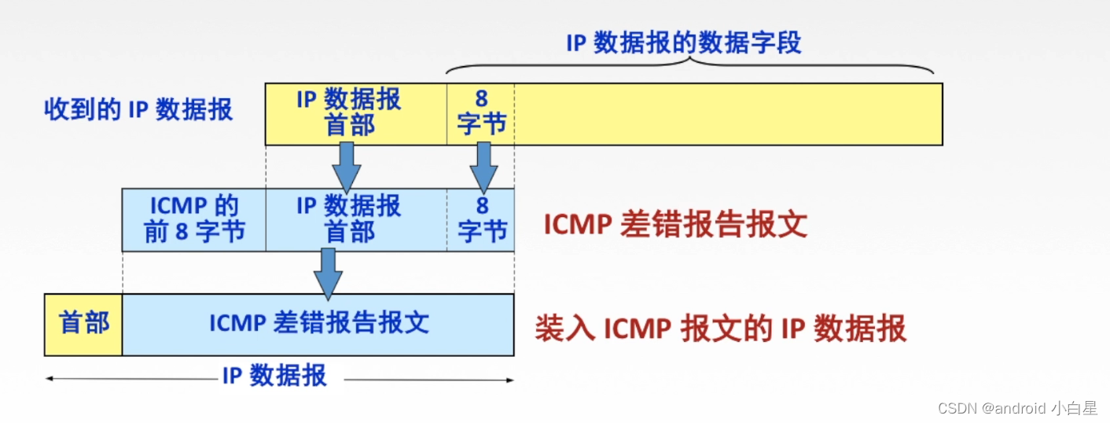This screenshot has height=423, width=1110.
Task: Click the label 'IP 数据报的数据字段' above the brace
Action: click(x=683, y=42)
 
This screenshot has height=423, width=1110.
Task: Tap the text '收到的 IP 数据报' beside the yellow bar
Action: click(x=138, y=109)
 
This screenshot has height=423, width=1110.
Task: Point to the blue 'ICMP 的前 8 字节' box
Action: click(x=193, y=219)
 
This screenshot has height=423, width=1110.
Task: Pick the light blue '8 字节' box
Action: click(x=480, y=219)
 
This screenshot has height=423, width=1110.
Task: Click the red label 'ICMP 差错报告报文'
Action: click(x=675, y=225)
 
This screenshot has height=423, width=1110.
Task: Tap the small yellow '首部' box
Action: click(x=83, y=323)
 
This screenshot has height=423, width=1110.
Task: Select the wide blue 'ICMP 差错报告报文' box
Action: click(x=318, y=323)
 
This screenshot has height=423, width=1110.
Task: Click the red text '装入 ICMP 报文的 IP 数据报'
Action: click(x=720, y=328)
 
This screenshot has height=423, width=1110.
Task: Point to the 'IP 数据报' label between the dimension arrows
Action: click(x=274, y=377)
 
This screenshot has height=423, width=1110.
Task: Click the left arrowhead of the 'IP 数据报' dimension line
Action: click(x=50, y=379)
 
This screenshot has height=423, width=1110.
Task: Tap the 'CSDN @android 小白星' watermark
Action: click(x=1018, y=408)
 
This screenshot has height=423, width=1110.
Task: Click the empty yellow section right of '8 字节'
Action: click(x=727, y=114)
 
